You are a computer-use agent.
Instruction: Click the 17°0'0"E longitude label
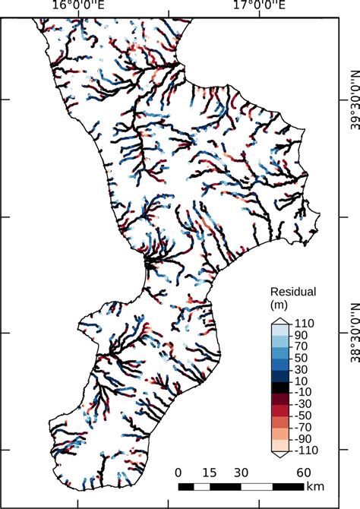(259, 7)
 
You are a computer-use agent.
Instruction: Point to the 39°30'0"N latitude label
(353, 99)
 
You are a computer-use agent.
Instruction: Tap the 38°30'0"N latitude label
(353, 333)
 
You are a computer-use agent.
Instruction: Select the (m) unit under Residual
(281, 305)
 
